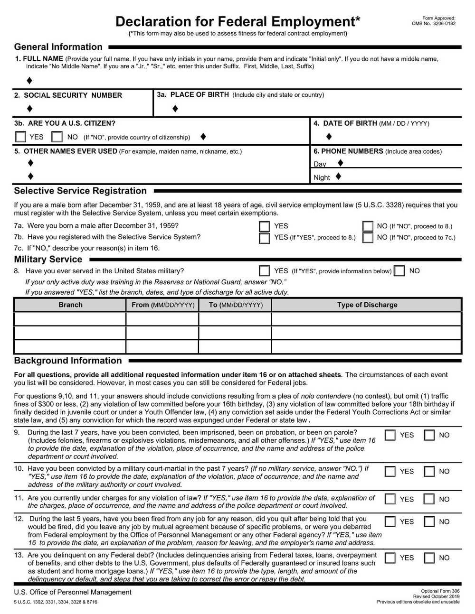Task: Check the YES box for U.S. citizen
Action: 21,137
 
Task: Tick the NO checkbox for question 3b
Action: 57,137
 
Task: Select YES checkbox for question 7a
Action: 265,226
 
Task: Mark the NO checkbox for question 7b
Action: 368,237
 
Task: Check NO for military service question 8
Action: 400,271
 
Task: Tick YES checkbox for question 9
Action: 390,435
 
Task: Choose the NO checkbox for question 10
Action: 429,472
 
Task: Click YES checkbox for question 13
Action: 390,558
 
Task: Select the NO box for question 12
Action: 429,522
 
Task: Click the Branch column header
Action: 70,305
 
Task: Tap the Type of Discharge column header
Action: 367,305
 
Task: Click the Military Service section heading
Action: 48,260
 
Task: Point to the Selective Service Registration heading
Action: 80,191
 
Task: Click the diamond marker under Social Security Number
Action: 30,109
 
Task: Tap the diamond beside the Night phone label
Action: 338,177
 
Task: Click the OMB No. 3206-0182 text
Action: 433,23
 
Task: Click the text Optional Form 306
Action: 440,591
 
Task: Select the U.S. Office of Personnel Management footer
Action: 73,592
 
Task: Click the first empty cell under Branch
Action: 70,319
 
